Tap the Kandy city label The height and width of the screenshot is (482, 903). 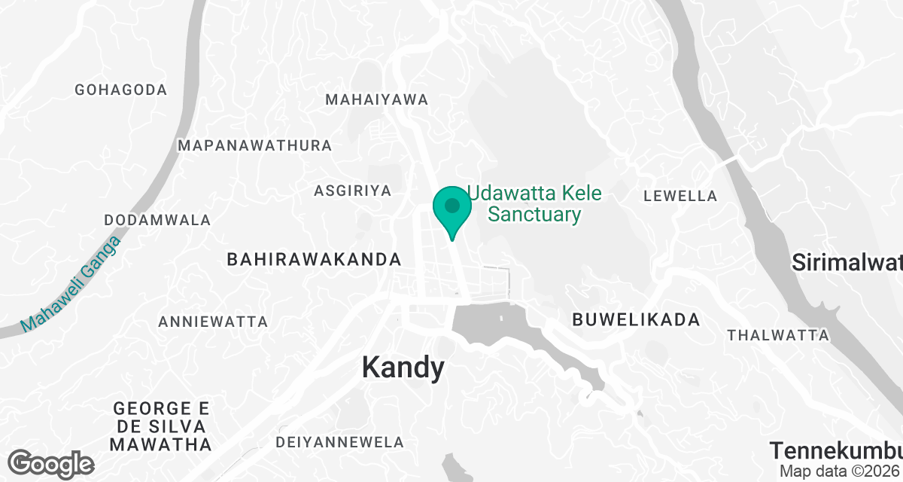[403, 368]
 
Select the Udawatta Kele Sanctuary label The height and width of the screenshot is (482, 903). [535, 204]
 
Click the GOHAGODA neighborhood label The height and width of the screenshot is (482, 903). [120, 90]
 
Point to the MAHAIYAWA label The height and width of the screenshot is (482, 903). [376, 99]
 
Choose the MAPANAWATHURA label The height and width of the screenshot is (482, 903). [254, 145]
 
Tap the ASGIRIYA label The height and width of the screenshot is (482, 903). [352, 191]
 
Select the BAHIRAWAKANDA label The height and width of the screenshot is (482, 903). [314, 260]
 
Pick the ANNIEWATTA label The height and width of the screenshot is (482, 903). [213, 322]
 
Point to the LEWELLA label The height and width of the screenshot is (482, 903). [680, 197]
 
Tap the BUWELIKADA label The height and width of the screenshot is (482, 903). [636, 320]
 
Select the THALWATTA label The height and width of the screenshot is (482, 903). [778, 335]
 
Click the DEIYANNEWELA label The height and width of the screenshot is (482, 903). [340, 442]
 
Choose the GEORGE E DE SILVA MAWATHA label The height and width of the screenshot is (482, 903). [161, 426]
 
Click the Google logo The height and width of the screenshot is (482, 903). [51, 463]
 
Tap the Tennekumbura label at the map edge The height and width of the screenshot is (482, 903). [835, 450]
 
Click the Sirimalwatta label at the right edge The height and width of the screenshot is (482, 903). [847, 263]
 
